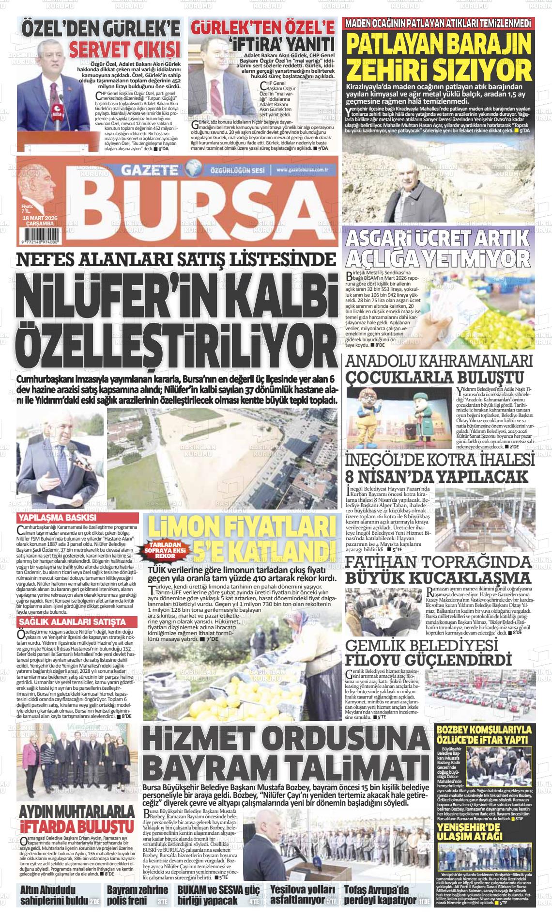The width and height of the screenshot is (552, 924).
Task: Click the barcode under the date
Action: pos(37,233)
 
